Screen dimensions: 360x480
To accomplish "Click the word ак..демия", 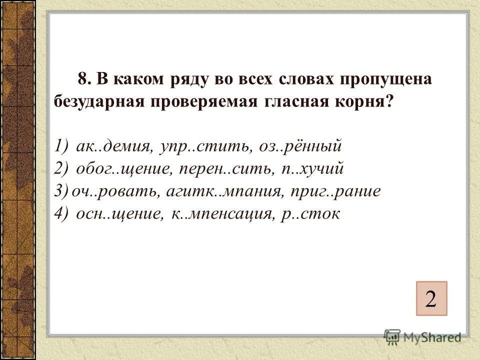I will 113,146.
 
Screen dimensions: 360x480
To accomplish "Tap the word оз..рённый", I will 300,146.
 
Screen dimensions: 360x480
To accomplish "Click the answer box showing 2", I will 430,298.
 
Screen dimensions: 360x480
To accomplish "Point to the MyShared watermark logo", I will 422,336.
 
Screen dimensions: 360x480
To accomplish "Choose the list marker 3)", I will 61,191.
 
